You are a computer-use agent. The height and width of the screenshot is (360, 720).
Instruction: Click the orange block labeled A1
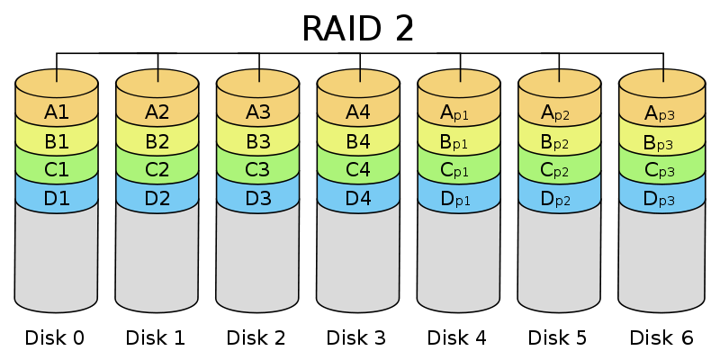coord(56,112)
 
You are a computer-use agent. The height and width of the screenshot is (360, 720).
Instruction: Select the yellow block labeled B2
coord(157,142)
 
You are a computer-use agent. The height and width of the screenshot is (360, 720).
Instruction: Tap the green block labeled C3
coord(257,170)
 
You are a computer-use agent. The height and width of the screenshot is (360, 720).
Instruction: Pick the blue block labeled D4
coord(358,197)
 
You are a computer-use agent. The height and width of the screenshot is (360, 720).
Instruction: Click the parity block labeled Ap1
coord(459,112)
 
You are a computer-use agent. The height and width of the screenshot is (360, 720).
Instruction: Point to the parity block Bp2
coord(560,142)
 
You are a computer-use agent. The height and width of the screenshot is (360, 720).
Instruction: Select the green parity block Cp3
coord(661,170)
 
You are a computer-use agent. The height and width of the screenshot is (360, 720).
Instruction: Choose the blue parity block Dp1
coord(459,197)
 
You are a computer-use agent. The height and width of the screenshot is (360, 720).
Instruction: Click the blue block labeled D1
coord(56,197)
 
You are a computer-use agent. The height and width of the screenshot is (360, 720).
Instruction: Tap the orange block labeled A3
coord(257,112)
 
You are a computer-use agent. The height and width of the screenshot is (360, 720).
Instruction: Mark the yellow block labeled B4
coord(358,142)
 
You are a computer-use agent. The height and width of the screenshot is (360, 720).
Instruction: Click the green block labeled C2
coord(157,170)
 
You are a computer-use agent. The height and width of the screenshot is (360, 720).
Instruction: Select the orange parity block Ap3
coord(661,112)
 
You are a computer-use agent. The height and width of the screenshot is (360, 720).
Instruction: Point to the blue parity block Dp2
coord(560,197)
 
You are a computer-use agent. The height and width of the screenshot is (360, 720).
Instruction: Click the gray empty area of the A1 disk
coord(56,256)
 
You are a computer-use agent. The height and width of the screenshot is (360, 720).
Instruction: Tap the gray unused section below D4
coord(358,256)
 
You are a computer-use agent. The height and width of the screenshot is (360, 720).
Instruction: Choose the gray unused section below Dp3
coord(661,256)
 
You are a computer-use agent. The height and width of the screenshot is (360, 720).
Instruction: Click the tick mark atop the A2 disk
coord(157,76)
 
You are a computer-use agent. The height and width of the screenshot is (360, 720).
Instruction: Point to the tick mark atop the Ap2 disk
coord(560,76)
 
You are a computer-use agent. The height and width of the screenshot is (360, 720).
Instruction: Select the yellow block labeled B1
coord(56,142)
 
